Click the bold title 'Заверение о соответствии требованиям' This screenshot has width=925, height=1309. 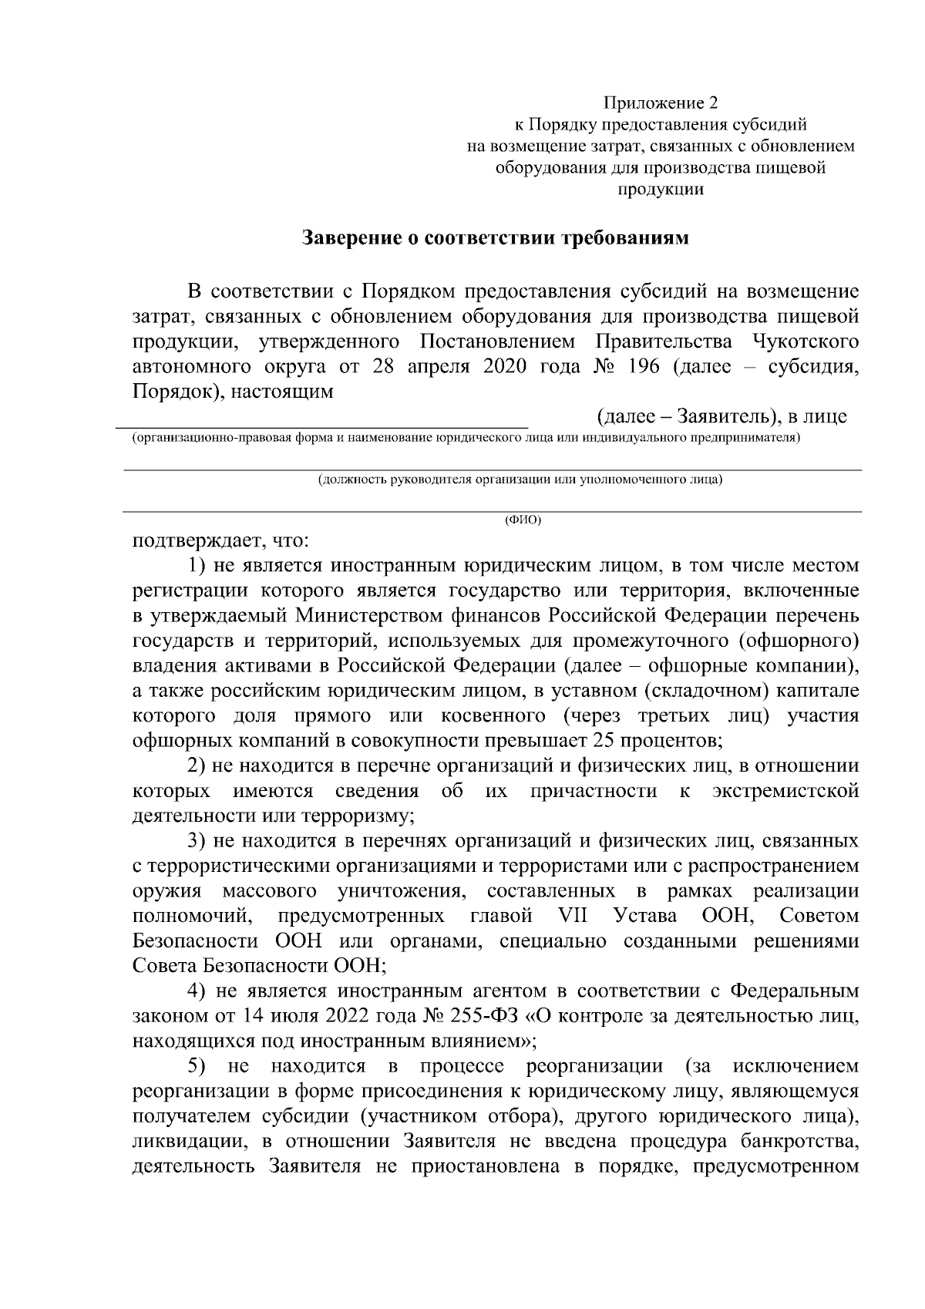pos(494,237)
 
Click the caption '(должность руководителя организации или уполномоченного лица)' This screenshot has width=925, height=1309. pos(520,480)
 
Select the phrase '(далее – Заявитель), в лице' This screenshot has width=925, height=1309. pos(721,417)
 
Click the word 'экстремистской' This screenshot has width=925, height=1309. pos(785,792)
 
